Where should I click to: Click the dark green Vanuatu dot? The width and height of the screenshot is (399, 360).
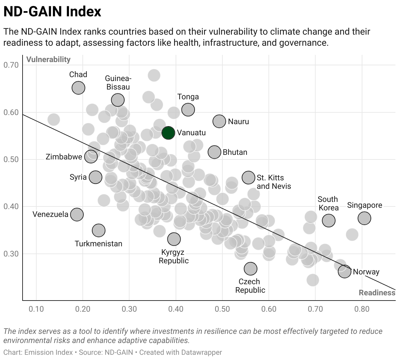click(168, 133)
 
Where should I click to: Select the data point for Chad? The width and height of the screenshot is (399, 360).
click(78, 88)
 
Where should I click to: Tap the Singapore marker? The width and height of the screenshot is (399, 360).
click(364, 218)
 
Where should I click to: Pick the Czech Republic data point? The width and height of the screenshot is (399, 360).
click(251, 269)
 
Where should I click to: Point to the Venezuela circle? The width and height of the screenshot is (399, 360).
click(77, 215)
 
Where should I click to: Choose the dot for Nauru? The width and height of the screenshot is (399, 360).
click(219, 121)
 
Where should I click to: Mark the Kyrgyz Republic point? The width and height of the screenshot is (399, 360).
click(174, 239)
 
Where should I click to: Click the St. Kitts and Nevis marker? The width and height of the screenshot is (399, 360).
click(249, 177)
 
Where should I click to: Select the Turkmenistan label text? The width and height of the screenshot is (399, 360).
click(98, 244)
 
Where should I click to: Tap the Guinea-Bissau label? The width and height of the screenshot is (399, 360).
click(118, 83)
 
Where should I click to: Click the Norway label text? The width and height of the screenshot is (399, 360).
click(366, 272)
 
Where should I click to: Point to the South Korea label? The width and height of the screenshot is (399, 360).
click(328, 204)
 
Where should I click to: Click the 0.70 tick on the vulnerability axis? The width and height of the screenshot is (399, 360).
click(11, 65)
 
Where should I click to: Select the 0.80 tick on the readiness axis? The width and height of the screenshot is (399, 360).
click(362, 309)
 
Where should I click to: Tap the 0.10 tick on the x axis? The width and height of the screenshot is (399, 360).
click(36, 309)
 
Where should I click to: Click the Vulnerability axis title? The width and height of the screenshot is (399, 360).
click(48, 59)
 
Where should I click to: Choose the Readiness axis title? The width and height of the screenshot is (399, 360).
click(377, 293)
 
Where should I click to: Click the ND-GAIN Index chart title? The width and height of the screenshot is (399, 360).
click(52, 11)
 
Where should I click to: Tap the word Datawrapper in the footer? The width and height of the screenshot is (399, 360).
click(201, 352)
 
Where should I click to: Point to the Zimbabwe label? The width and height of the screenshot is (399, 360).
click(64, 157)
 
